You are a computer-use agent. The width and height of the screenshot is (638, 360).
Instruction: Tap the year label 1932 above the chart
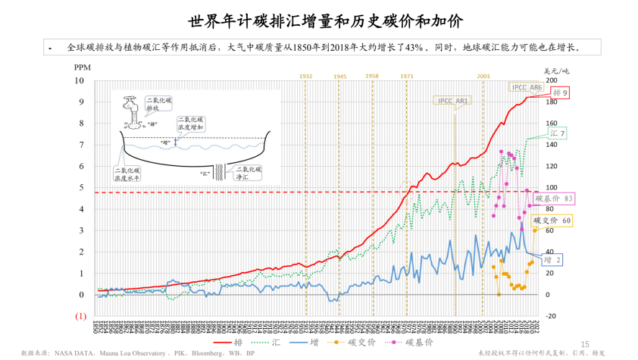[x=305, y=77]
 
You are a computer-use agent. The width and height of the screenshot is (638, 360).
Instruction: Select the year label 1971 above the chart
[x=406, y=77]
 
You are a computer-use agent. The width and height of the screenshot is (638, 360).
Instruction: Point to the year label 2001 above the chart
[x=483, y=77]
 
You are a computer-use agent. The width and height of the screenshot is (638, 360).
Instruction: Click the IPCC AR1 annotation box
[x=453, y=100]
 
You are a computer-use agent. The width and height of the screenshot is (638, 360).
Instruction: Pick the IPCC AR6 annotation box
[x=527, y=87]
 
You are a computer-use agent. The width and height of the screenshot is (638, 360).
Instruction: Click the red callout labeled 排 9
[x=561, y=92]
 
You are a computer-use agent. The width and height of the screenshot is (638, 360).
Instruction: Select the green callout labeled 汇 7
[x=558, y=133]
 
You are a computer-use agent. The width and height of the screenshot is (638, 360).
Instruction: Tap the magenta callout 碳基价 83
[x=554, y=198]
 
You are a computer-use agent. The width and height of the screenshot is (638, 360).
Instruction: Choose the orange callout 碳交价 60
[x=552, y=221]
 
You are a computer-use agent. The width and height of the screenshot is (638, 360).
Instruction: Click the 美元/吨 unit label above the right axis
[x=556, y=70]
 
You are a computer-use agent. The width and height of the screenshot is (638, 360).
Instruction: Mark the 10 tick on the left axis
[x=79, y=80]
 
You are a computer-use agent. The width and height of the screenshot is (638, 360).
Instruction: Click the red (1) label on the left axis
[x=80, y=315]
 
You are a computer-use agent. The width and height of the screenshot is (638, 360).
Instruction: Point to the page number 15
[x=584, y=343]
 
